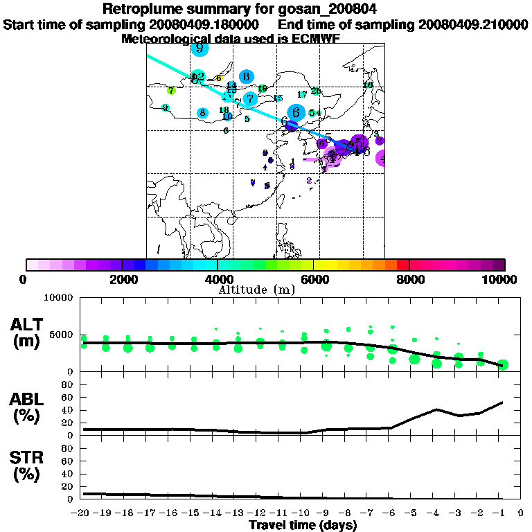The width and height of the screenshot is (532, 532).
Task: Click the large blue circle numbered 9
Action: pyautogui.click(x=199, y=48)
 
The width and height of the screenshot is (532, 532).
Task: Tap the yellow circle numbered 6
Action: pyautogui.click(x=218, y=78)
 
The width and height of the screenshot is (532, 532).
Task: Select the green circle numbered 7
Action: pyautogui.click(x=171, y=90)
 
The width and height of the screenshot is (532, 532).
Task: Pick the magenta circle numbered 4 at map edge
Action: pyautogui.click(x=382, y=158)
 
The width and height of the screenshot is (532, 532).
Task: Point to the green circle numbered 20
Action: pyautogui.click(x=316, y=91)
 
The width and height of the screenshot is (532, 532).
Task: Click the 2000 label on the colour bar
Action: pyautogui.click(x=122, y=280)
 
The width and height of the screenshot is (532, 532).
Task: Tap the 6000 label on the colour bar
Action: pyautogui.click(x=314, y=280)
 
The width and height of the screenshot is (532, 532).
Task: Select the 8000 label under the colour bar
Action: pyautogui.click(x=409, y=280)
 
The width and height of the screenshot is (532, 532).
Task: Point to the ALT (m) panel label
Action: pyautogui.click(x=29, y=332)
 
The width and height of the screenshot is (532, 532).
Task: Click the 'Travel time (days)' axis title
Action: pyautogui.click(x=303, y=526)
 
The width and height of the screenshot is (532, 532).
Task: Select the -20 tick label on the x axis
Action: pyautogui.click(x=83, y=514)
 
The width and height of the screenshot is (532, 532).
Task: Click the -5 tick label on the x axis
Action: pyautogui.click(x=414, y=514)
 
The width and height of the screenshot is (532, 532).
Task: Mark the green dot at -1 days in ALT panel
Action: pyautogui.click(x=503, y=365)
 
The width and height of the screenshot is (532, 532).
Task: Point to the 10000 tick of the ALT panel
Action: pyautogui.click(x=59, y=299)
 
